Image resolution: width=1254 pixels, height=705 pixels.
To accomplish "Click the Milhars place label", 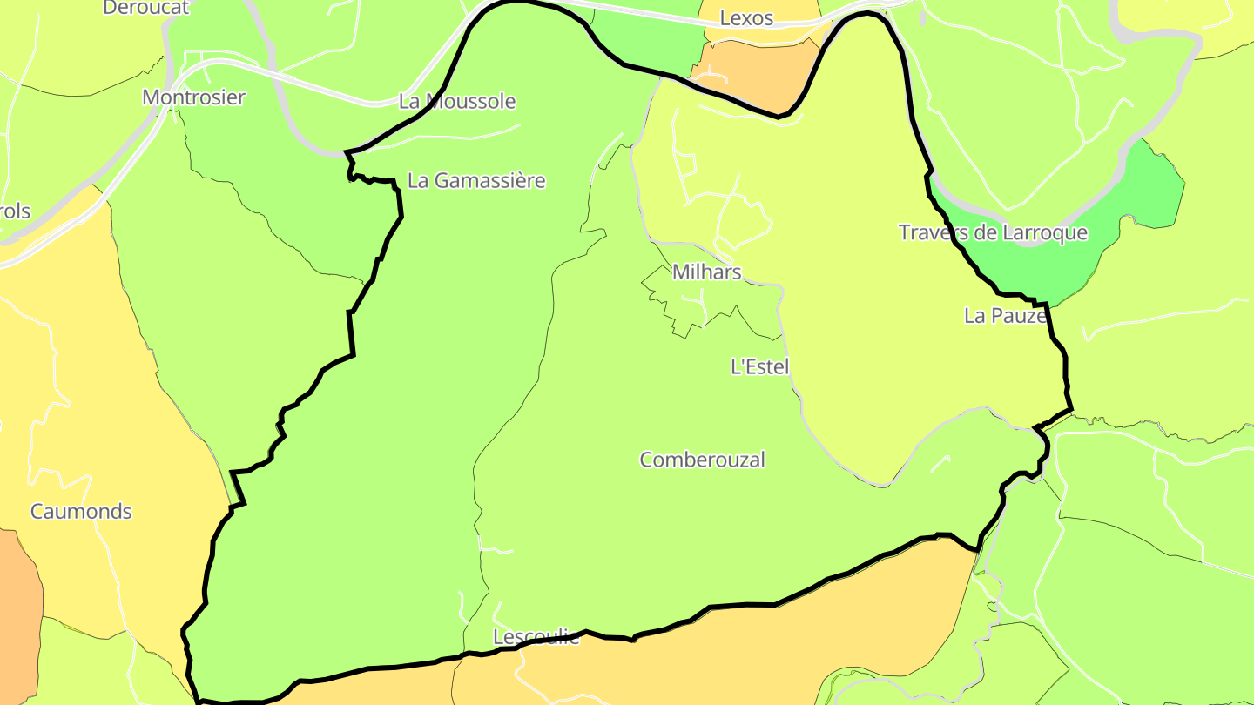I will pos(706,272).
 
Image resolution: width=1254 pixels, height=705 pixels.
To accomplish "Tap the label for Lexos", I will pos(746,18).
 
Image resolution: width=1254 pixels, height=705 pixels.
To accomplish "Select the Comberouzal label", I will pos(702,460).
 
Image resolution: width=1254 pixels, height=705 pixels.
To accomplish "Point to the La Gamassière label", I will pos(476,181).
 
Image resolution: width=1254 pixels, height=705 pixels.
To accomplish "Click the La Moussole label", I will pos(457,101).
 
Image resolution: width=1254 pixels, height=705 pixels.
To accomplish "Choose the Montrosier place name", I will pos(193,97).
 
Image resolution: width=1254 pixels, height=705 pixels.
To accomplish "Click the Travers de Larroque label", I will pos(993,232).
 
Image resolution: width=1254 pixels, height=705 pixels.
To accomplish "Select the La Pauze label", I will pos(1005,316).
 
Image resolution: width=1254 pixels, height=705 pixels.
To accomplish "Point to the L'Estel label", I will pos(759,366).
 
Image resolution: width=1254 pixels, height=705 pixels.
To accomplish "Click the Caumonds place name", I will pos(81,511).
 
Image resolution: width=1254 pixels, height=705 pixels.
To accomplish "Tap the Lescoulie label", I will pos(536,636).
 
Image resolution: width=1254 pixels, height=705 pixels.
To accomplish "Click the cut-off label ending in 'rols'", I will pos(15,211).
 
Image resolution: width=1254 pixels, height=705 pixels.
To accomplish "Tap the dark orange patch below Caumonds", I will pos(17,609).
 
